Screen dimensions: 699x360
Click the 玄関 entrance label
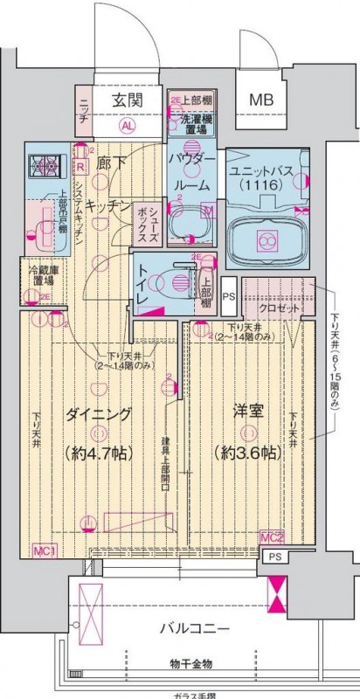(x=128, y=100)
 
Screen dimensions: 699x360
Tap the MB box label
(x=262, y=100)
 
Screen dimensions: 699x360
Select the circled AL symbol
(x=128, y=125)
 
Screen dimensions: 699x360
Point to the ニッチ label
(x=83, y=113)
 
